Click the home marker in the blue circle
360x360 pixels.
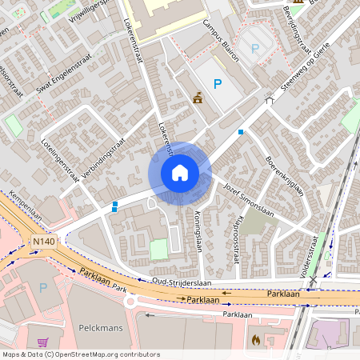tap(180, 173)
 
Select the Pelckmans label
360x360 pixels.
tap(99, 328)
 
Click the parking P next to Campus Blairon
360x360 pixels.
tap(217, 84)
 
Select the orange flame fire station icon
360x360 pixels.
tap(255, 340)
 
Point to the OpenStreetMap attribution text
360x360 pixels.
tap(81, 354)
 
